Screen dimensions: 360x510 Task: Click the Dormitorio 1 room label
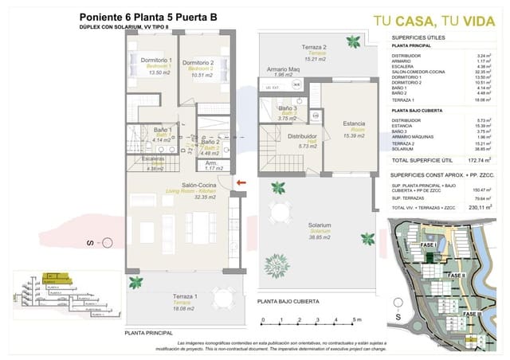click(x=156, y=61)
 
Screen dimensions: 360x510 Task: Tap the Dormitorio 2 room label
click(x=198, y=63)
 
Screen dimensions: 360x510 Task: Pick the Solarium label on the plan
click(x=319, y=225)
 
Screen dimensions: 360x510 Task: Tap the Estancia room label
click(x=353, y=123)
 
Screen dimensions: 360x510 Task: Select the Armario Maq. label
click(x=283, y=69)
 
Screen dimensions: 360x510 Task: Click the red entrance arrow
click(x=241, y=185)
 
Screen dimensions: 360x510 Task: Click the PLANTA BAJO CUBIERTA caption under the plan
click(x=288, y=303)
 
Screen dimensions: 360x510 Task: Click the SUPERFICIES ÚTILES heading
click(x=418, y=38)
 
